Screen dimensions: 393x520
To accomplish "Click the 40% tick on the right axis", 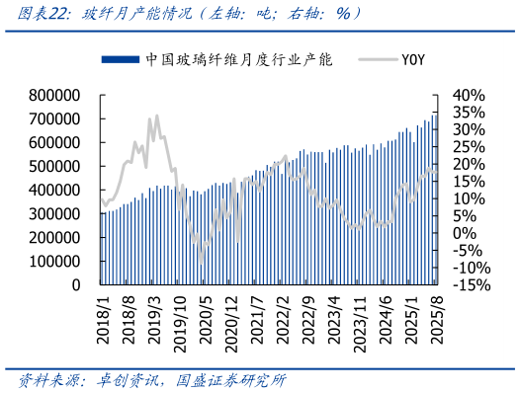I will point(469,95).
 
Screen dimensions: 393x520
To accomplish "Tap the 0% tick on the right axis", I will point(464,233).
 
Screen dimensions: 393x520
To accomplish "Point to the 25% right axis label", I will point(469,146).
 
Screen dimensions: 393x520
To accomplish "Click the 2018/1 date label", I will point(105,321).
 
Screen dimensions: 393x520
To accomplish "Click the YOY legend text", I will point(413,59).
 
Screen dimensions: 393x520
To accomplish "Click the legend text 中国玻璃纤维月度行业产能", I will point(238,59).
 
